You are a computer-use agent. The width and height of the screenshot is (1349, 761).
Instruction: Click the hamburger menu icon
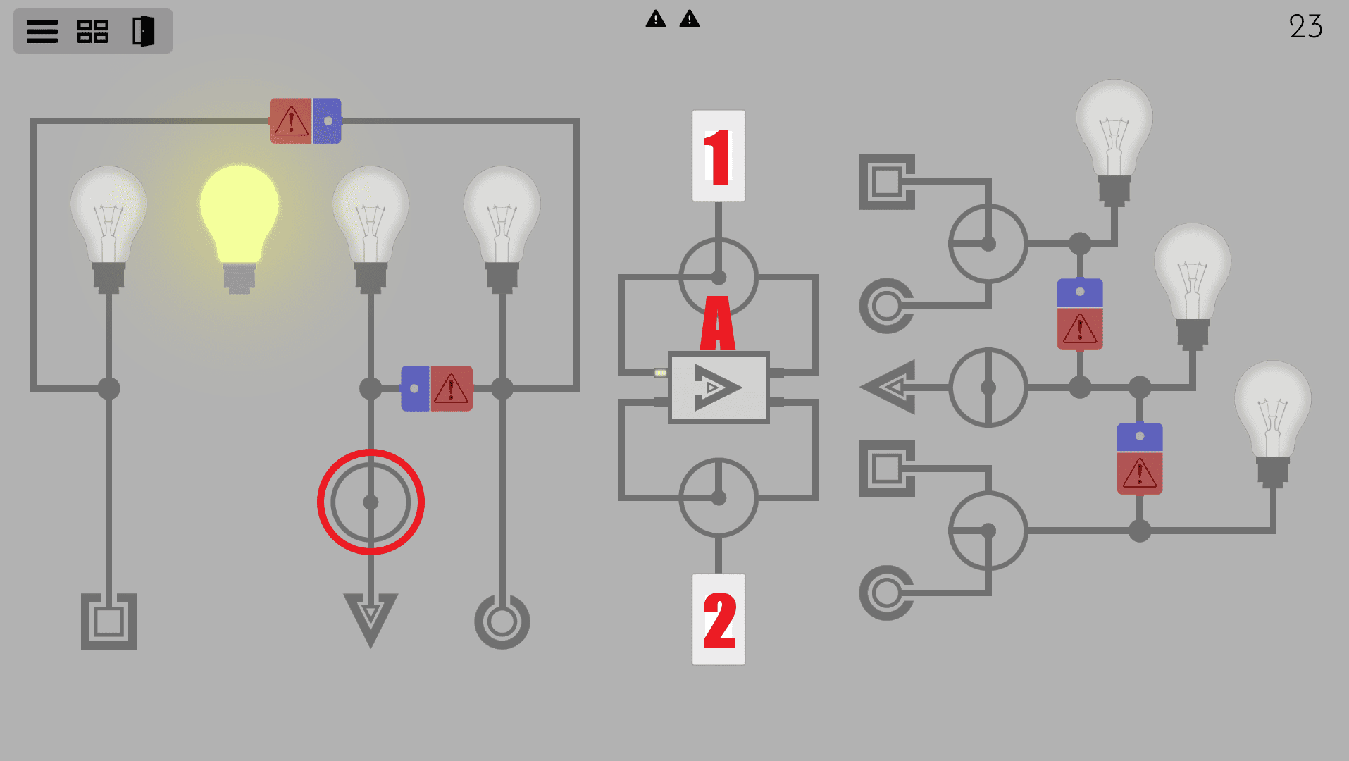pos(42,32)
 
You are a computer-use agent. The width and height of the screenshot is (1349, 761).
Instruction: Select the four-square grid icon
pos(92,32)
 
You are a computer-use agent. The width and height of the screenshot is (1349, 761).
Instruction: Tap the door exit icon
pos(143,32)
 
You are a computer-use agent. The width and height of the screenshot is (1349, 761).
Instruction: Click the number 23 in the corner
pos(1305,27)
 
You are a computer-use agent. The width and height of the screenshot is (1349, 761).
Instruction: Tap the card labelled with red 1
pos(718,156)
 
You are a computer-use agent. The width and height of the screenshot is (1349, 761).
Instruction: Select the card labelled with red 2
pos(718,619)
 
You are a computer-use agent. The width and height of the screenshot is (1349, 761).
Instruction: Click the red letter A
pos(717,323)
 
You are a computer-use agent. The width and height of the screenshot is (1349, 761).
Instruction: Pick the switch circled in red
pos(371,502)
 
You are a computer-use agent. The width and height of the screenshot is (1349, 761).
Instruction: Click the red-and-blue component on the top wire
pos(306,121)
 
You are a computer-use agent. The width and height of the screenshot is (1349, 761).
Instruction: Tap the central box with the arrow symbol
pos(718,387)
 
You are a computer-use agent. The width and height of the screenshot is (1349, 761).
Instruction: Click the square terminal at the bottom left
pos(108,621)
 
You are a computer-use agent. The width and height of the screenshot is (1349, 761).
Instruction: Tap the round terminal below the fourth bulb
pos(502,621)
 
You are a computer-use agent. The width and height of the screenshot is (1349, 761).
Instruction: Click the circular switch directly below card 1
pos(718,277)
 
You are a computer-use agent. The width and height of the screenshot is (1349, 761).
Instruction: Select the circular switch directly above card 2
pos(718,497)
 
